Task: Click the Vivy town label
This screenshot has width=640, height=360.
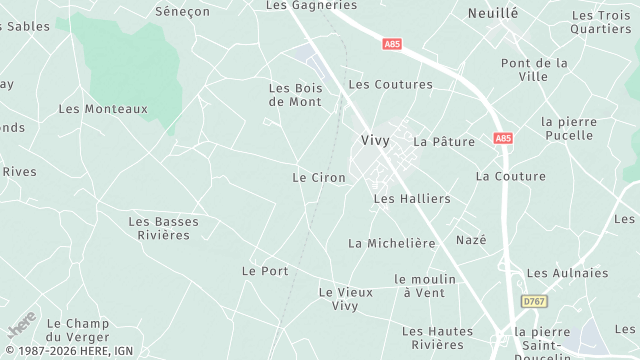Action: click(375, 141)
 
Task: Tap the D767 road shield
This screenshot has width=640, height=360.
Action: click(535, 301)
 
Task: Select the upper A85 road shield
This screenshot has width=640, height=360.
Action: click(393, 45)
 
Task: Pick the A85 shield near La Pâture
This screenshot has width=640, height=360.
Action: click(502, 138)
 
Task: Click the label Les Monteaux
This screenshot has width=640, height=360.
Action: click(103, 109)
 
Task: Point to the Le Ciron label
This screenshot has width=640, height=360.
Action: click(319, 178)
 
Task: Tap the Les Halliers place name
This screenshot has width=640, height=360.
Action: click(412, 199)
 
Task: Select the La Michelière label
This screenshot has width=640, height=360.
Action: click(392, 243)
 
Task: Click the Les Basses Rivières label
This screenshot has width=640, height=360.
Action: click(164, 228)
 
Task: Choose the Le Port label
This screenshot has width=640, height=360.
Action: click(265, 271)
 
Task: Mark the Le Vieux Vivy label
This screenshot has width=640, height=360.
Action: click(345, 299)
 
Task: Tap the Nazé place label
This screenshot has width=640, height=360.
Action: click(471, 240)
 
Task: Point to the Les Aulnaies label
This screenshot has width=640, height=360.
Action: click(567, 273)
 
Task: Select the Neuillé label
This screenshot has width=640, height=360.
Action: click(494, 13)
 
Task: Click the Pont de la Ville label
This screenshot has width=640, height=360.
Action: click(534, 69)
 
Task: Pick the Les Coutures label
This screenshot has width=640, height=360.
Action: click(390, 85)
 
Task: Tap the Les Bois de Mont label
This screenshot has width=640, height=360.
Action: click(295, 95)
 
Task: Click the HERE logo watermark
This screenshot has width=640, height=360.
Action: click(22, 325)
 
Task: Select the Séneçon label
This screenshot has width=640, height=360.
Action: click(182, 11)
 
